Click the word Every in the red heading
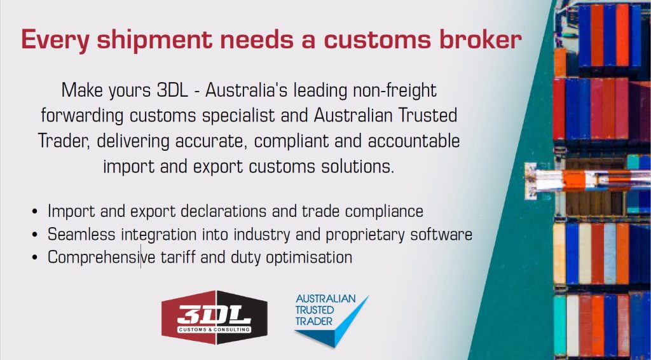click(x=55, y=40)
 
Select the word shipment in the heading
click(x=154, y=40)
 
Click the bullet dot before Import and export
click(x=35, y=211)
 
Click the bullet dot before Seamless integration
click(x=35, y=235)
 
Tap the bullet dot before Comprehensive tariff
click(x=35, y=258)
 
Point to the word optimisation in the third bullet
click(x=309, y=258)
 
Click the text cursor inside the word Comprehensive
click(x=140, y=256)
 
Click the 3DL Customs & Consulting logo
click(x=214, y=317)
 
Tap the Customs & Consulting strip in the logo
click(x=214, y=329)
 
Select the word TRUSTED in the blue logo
click(x=314, y=310)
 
